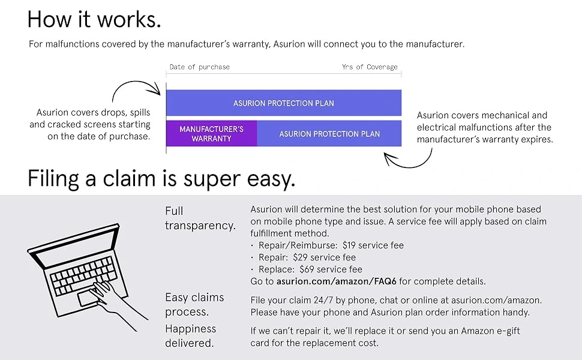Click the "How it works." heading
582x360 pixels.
click(94, 19)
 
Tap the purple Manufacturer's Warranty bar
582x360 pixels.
click(211, 134)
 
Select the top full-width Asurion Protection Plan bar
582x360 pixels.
click(284, 103)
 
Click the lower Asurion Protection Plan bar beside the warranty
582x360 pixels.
click(329, 134)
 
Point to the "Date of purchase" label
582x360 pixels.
click(200, 67)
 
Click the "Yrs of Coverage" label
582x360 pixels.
click(370, 67)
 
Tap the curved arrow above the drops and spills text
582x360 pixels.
click(136, 88)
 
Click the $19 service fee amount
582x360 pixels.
click(349, 245)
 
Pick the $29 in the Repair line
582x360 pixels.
click(300, 257)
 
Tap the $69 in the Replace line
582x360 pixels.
click(307, 269)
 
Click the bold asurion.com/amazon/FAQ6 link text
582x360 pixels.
click(336, 281)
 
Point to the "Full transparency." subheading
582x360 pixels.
click(200, 218)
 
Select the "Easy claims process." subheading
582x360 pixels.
click(194, 304)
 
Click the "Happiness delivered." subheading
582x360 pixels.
click(190, 336)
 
